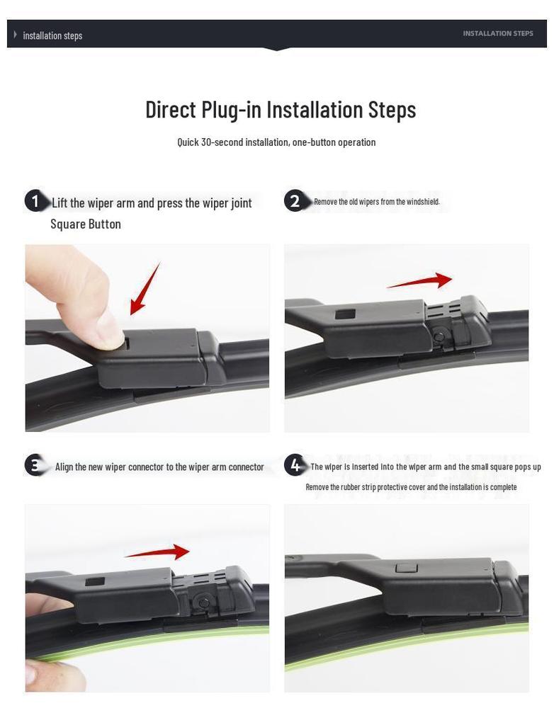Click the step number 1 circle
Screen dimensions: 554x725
coord(35,202)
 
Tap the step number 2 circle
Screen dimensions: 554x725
coord(294,200)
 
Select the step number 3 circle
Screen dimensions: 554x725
coord(35,465)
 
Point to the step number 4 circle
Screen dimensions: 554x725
coord(295,465)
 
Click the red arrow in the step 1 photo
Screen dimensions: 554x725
coord(145,289)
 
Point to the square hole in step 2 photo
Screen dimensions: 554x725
coord(345,314)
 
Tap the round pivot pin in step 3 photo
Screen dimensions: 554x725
coord(203,602)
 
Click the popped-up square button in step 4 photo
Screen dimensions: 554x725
coord(407,568)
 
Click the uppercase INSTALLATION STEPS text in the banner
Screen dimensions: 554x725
coord(498,33)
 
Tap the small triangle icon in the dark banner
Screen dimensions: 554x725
coord(16,35)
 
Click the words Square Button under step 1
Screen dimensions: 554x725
coord(86,224)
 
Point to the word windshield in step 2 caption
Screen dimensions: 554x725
coord(423,202)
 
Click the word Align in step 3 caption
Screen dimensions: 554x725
coord(64,467)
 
